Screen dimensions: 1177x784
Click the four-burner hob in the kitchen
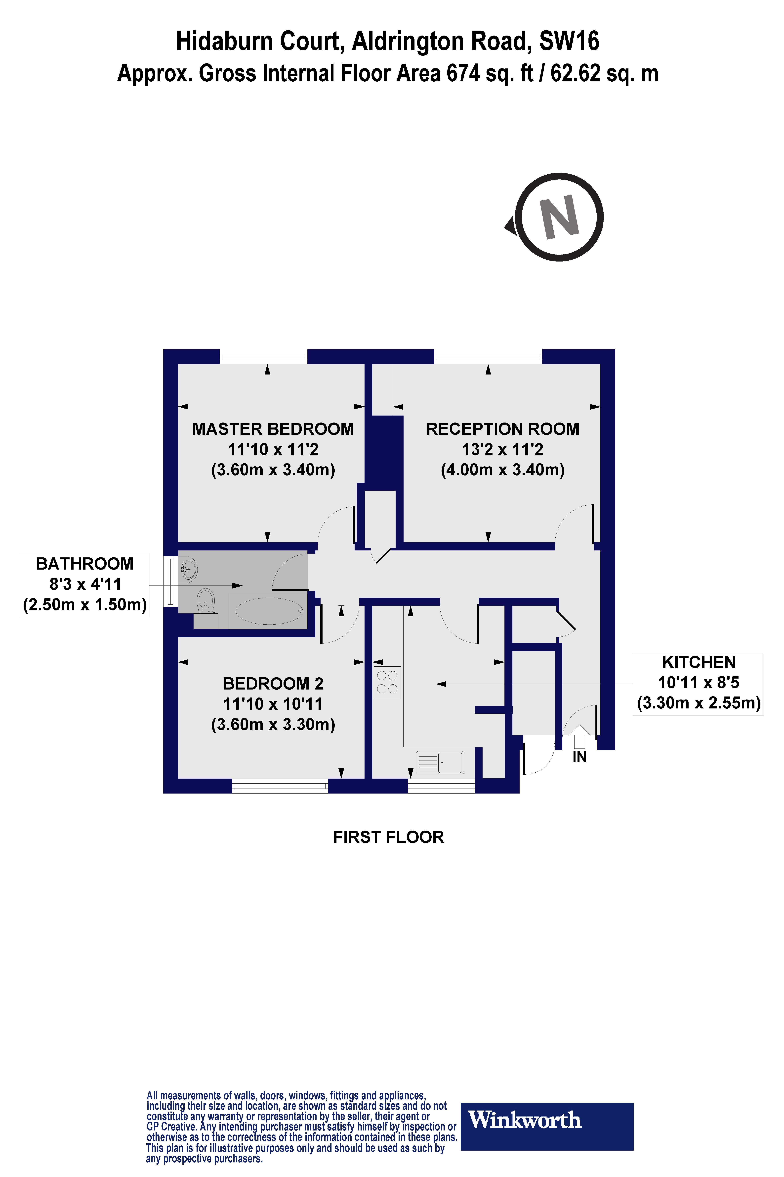[387, 682]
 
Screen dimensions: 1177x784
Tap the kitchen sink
[440, 763]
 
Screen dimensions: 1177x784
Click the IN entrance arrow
[579, 736]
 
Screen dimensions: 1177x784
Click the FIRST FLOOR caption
[388, 837]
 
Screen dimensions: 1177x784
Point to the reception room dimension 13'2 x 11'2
[502, 449]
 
